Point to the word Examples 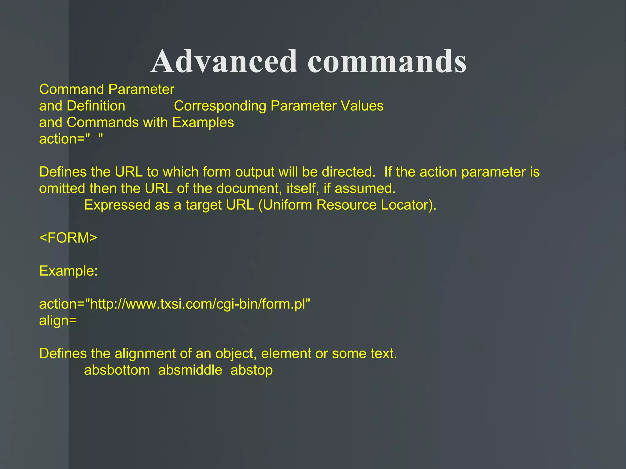point(203,123)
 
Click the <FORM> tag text point(68,238)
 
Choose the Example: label point(68,271)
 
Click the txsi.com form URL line point(175,304)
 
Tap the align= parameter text point(58,321)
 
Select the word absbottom point(117,370)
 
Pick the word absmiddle point(190,370)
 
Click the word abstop point(252,370)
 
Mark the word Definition point(96,106)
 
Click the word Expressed point(117,205)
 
